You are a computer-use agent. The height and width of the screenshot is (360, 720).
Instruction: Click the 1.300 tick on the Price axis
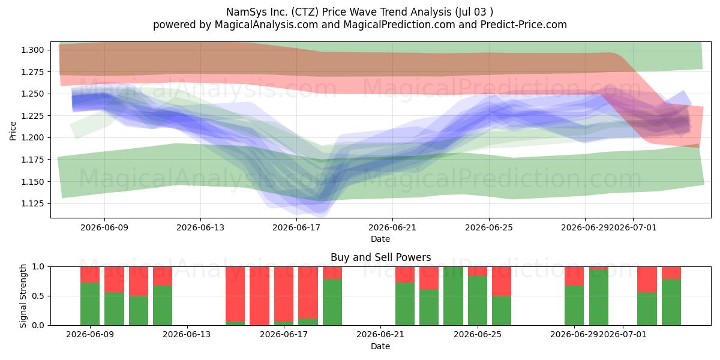tap(32, 50)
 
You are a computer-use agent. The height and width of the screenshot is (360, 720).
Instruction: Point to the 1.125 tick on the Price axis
tap(32, 204)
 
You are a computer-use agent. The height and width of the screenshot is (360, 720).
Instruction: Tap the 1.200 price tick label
tap(32, 138)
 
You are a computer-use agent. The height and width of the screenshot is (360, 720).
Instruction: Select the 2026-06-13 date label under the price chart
tap(200, 227)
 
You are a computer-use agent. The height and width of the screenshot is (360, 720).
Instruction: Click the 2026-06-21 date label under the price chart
tap(392, 227)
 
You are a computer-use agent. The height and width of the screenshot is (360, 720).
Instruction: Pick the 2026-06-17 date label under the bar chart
tap(284, 335)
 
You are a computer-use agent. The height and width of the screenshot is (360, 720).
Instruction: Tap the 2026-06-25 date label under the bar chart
tap(478, 335)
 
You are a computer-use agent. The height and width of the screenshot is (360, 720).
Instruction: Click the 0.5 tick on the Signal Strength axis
tap(38, 296)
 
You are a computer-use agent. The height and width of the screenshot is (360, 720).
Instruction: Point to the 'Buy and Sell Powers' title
tap(380, 257)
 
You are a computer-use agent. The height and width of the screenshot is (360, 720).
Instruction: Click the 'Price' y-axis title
tap(13, 131)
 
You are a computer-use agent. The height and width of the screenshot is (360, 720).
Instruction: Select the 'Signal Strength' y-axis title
tap(23, 296)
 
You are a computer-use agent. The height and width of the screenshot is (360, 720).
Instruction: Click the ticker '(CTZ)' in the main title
tap(304, 12)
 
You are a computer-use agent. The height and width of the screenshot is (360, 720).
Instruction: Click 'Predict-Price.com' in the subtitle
tap(524, 25)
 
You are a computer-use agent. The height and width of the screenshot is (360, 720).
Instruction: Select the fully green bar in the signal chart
tap(453, 296)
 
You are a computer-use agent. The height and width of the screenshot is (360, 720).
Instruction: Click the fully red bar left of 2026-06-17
tap(259, 296)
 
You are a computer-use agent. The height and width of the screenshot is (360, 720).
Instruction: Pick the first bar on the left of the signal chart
tap(90, 296)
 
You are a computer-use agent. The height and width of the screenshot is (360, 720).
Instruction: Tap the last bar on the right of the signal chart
tap(671, 296)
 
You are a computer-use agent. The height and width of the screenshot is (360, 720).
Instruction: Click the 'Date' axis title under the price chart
tap(380, 239)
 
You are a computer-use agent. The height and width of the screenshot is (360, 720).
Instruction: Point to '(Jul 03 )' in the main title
tap(474, 12)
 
